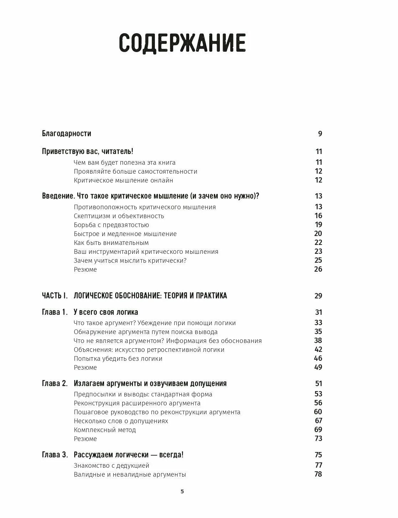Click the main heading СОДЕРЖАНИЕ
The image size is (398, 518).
click(182, 43)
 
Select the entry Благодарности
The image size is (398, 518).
click(67, 134)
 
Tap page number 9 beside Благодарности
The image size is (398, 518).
click(320, 134)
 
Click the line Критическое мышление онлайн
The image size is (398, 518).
click(123, 180)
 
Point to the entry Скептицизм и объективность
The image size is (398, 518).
click(119, 216)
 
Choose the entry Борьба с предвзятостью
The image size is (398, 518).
click(111, 225)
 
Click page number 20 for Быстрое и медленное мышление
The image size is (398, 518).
click(318, 234)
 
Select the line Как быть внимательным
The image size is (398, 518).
click(111, 243)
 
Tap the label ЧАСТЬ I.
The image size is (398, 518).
click(55, 296)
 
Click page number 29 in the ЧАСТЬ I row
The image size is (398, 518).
click(318, 296)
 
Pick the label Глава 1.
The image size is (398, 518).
click(55, 312)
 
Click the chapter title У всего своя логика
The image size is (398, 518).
click(106, 312)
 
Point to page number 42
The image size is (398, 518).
click(318, 349)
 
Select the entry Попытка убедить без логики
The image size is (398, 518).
click(118, 359)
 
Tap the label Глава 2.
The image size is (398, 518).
click(55, 384)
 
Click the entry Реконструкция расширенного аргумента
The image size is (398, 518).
click(137, 403)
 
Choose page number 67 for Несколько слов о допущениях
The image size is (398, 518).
click(318, 421)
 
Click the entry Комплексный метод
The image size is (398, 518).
click(105, 430)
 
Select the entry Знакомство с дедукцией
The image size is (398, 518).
click(112, 466)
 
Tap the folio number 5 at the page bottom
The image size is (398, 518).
click(182, 492)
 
